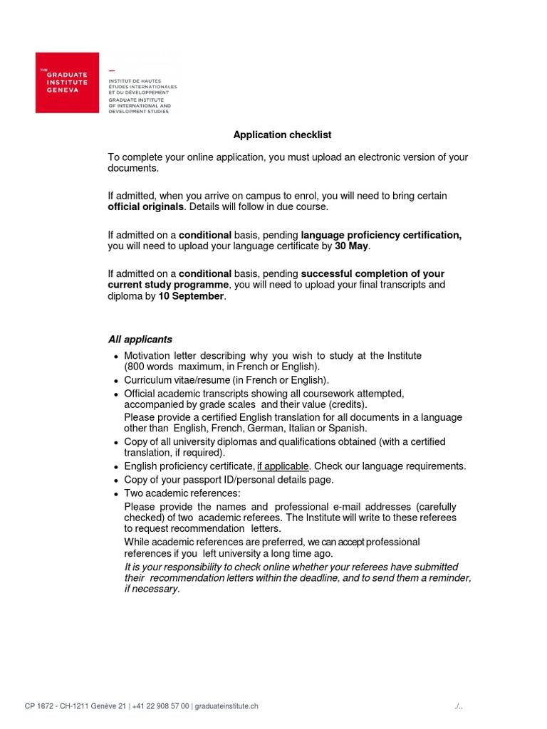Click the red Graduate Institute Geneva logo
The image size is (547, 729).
(67, 82)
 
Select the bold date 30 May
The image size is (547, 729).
(352, 246)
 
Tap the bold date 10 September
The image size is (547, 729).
(191, 296)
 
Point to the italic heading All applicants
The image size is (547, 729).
(140, 339)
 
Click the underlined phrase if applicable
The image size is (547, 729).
(283, 466)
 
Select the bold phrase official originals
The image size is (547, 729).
(145, 206)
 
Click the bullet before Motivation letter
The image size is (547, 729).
(115, 357)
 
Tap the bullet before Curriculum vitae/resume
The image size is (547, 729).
(115, 381)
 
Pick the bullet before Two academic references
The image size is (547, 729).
(115, 493)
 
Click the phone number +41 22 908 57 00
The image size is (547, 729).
(161, 706)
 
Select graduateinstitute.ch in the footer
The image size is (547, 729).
(226, 706)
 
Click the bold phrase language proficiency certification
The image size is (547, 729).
(381, 235)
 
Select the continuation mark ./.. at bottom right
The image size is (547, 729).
(458, 706)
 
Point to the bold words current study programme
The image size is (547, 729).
(170, 285)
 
